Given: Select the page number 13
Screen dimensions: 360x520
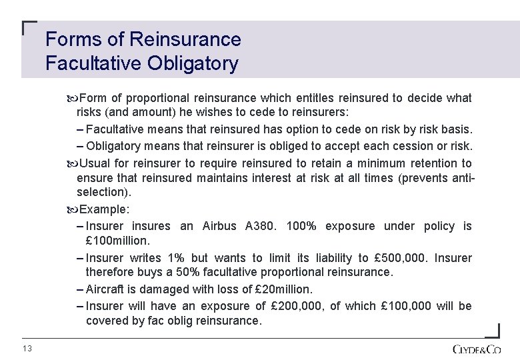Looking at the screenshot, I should point(27,349).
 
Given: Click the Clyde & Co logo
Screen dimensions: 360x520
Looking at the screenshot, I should point(476,349).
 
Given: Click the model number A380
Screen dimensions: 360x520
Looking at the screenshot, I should point(261,226).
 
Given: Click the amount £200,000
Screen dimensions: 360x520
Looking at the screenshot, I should point(297,306).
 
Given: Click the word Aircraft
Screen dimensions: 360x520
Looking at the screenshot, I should point(106,289).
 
